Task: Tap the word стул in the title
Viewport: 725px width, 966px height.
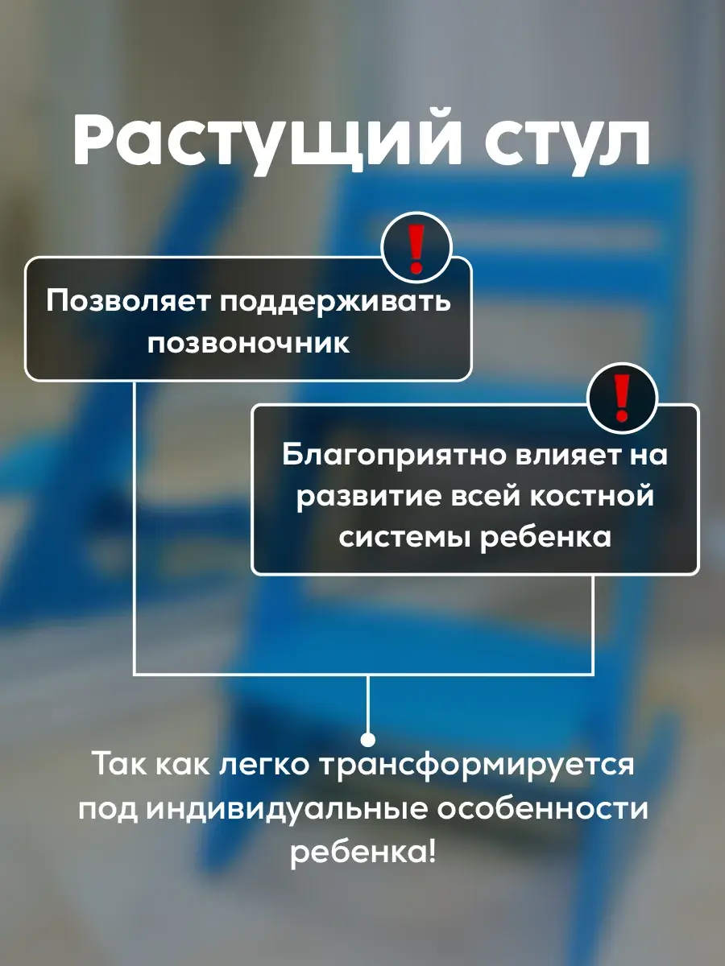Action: [x=568, y=142]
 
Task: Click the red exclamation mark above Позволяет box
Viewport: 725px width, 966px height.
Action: [x=416, y=248]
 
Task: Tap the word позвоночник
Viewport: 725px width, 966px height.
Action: [x=248, y=343]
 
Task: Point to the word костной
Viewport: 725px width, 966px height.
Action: [x=591, y=494]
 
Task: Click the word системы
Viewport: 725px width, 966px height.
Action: [x=405, y=536]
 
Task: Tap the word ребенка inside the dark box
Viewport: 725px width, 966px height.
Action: [x=545, y=536]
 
